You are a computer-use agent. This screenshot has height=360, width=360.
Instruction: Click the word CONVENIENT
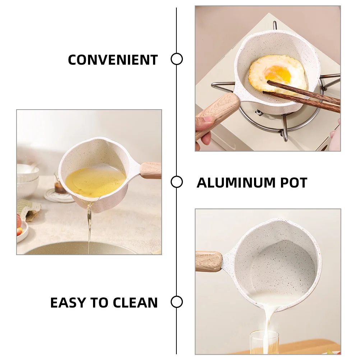point(113,60)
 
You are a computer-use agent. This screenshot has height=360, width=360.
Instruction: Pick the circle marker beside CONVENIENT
point(176,59)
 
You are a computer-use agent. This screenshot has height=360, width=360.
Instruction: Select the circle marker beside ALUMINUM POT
point(176,182)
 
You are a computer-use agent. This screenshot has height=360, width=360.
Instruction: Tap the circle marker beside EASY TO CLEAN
point(176,302)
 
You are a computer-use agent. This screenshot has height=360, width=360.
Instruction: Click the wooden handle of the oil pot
point(151,170)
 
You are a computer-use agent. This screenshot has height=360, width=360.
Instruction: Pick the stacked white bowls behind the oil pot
point(27,180)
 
